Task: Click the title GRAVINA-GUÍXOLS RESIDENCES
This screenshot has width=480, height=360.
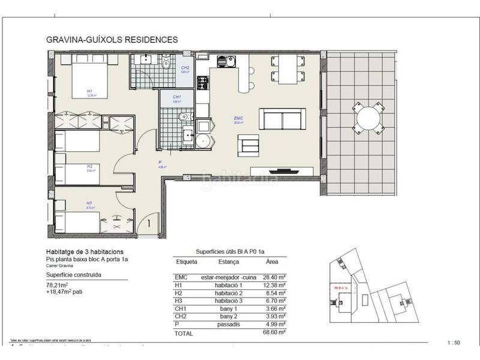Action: [112, 40]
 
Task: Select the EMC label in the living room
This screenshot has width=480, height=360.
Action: [238, 119]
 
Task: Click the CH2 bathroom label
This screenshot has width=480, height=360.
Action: [186, 68]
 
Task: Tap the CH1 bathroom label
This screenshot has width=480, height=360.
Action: [177, 97]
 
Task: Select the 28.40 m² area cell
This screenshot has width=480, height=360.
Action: [274, 277]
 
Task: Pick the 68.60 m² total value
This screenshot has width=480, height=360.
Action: [274, 331]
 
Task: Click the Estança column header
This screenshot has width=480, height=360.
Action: [228, 262]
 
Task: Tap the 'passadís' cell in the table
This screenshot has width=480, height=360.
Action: [228, 324]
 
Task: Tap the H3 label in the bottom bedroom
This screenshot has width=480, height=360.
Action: [89, 203]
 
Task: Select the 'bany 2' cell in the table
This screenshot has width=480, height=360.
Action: [228, 316]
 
